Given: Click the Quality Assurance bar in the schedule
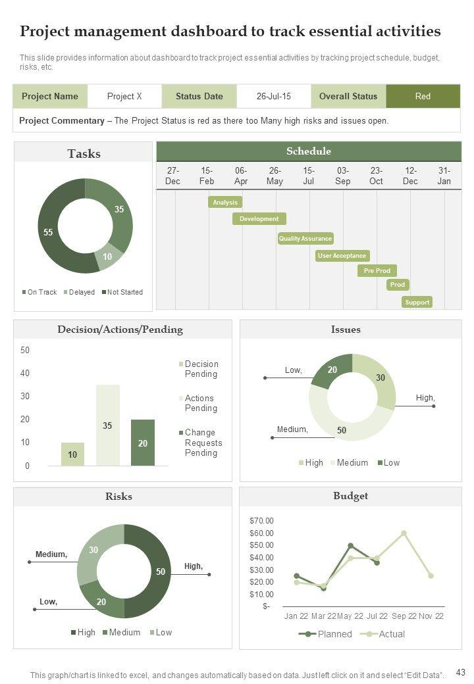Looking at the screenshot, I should (x=305, y=239).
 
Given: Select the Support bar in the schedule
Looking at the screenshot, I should (x=417, y=303).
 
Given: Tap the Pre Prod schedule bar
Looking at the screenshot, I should (x=377, y=270).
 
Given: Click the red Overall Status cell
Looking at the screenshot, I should (x=423, y=96).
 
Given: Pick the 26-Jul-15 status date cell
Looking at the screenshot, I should (x=274, y=96).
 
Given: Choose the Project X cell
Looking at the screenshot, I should (x=124, y=96).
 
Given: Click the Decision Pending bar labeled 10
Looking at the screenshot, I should (x=72, y=454).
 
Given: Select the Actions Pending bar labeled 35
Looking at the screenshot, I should (x=108, y=425).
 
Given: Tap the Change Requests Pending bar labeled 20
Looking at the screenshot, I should (x=143, y=443).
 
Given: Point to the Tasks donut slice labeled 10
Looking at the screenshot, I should (x=107, y=257).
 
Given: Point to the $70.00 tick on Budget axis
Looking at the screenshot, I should (x=261, y=520).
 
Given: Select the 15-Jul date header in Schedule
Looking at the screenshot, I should (x=309, y=176).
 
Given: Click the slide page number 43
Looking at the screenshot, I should (x=461, y=672).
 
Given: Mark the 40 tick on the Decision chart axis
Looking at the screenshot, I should (x=25, y=374).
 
